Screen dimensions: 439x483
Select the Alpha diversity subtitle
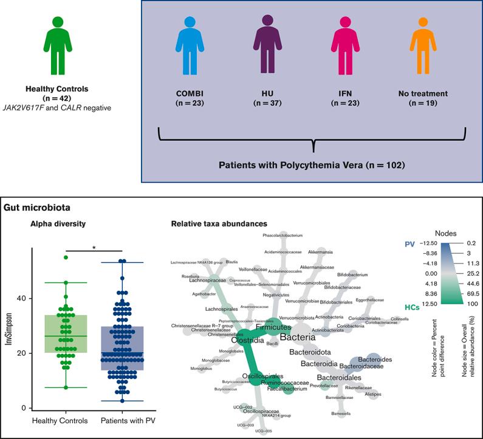click(x=58, y=223)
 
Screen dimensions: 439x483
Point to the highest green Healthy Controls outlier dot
click(x=66, y=257)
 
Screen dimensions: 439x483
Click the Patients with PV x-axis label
click(x=126, y=420)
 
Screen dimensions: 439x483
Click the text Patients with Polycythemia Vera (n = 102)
click(x=313, y=165)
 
